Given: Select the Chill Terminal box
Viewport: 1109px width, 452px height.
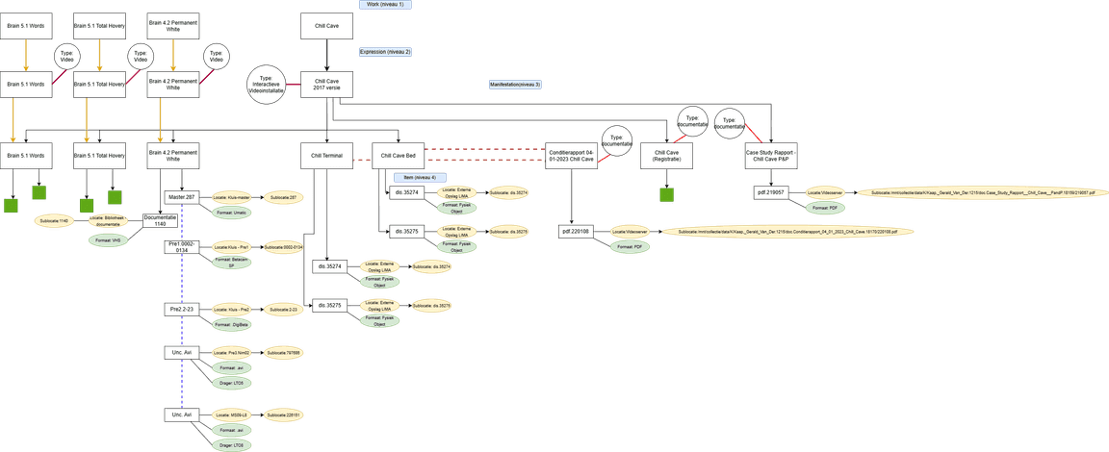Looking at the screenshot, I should tap(327, 155).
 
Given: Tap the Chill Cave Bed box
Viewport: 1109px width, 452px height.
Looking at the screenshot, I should tap(398, 155).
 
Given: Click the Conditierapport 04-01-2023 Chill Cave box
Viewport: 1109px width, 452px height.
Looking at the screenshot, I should tap(572, 155).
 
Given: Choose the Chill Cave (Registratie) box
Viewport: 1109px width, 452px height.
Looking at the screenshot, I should tap(667, 155).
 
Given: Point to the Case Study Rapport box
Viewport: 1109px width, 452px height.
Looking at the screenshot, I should tap(772, 155).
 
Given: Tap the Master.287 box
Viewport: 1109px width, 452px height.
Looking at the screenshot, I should tap(182, 196).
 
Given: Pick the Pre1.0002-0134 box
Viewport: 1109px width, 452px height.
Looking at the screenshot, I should tap(182, 248).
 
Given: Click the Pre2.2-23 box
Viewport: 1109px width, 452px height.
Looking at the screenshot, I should tap(182, 309).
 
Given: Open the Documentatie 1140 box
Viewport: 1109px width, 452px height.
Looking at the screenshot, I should tap(161, 220).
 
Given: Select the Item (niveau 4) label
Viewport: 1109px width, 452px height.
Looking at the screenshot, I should tap(415, 178).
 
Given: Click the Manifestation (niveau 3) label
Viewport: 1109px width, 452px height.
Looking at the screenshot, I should tap(515, 85).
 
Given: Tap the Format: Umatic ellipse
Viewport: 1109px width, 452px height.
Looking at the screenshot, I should tap(232, 211).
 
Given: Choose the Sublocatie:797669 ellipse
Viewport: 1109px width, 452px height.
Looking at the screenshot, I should tap(284, 353).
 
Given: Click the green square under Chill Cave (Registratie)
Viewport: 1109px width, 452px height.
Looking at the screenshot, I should tap(667, 194).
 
